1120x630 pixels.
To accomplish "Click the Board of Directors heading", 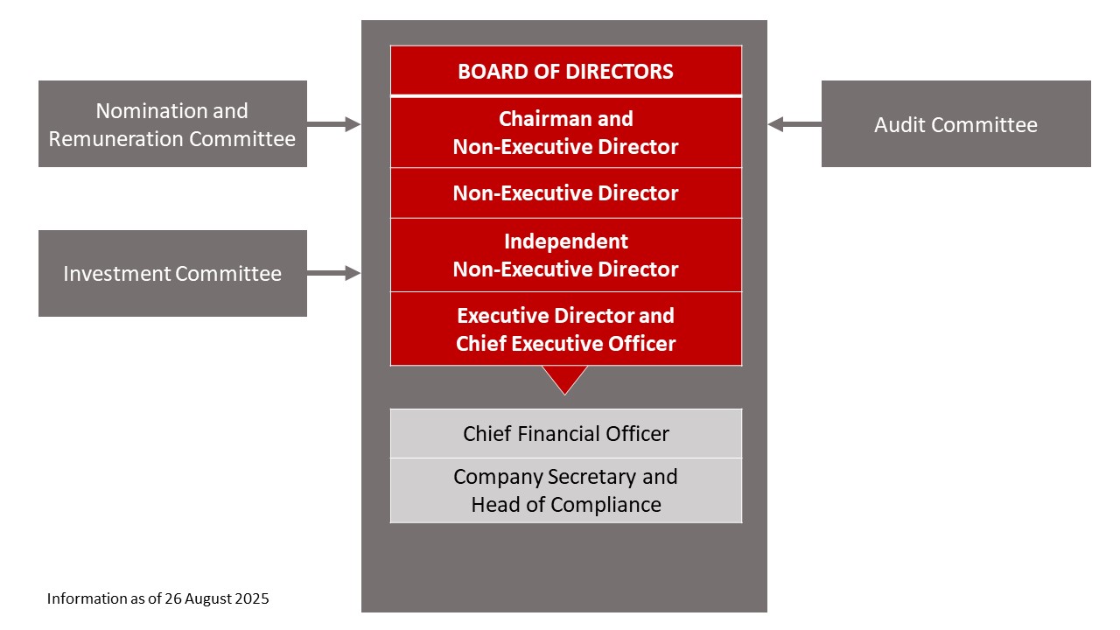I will point(565,71).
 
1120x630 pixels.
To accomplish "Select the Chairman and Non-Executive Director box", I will point(565,132).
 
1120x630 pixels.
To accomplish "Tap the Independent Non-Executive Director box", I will point(565,255).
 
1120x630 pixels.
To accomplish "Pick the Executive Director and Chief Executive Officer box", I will point(565,329).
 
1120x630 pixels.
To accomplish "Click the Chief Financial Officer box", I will point(565,433).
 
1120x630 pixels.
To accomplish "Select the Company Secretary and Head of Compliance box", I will point(565,490).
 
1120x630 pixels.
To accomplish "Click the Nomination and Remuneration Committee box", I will point(172,124).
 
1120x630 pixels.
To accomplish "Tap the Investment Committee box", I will point(172,273).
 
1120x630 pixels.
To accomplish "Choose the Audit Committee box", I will point(955,124).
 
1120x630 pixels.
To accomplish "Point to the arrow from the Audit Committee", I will point(794,124).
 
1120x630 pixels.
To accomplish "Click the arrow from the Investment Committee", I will point(334,273).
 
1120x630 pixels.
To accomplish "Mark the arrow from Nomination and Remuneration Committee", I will point(334,124).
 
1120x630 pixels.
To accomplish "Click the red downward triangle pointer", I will point(564,379).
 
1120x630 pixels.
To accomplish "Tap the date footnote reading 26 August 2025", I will point(157,599).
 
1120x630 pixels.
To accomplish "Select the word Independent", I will point(565,241).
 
